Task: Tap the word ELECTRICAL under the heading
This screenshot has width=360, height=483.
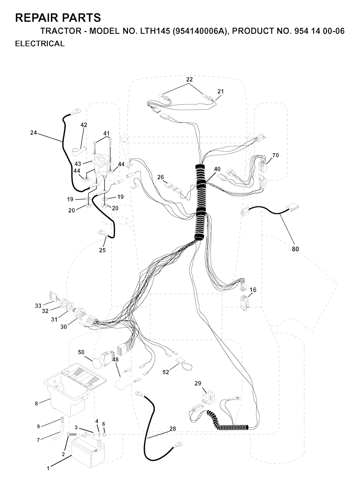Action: click(40, 44)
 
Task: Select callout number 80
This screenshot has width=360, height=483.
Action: click(295, 249)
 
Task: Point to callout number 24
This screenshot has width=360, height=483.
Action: click(33, 133)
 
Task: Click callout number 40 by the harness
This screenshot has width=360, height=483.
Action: click(217, 169)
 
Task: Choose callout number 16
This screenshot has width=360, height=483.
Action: click(253, 290)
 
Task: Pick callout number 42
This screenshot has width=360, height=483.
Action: click(84, 125)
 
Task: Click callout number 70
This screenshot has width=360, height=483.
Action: click(276, 155)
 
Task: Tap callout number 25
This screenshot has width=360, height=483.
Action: click(102, 250)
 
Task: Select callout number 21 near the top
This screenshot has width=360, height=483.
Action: click(220, 91)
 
